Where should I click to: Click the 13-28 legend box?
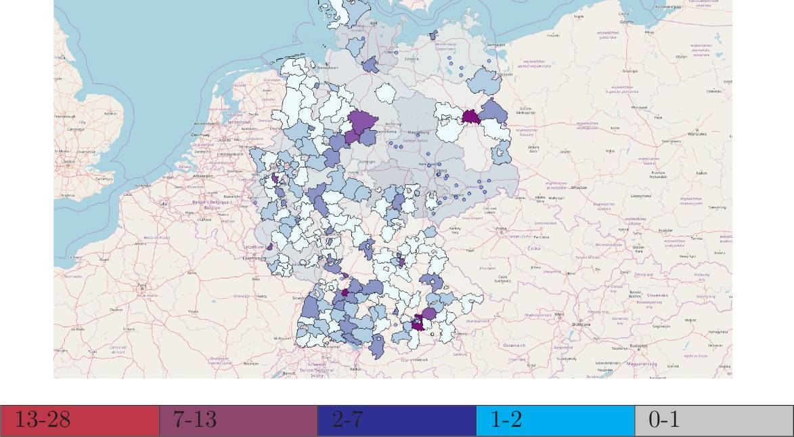pyautogui.click(x=79, y=421)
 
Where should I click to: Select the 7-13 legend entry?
pyautogui.click(x=238, y=421)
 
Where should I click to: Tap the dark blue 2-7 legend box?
pyautogui.click(x=397, y=421)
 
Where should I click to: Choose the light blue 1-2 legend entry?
pyautogui.click(x=555, y=421)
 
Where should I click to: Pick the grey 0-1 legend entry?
pyautogui.click(x=713, y=421)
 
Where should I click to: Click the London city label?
pyautogui.click(x=68, y=162)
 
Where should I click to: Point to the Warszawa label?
pyautogui.click(x=697, y=133)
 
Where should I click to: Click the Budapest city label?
pyautogui.click(x=638, y=346)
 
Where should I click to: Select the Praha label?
pyautogui.click(x=500, y=228)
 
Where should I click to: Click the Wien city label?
pyautogui.click(x=559, y=314)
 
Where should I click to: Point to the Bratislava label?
pyautogui.click(x=581, y=324)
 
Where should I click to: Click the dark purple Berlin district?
pyautogui.click(x=471, y=117)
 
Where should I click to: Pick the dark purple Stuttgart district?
pyautogui.click(x=345, y=293)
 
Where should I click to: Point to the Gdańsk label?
pyautogui.click(x=626, y=22)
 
